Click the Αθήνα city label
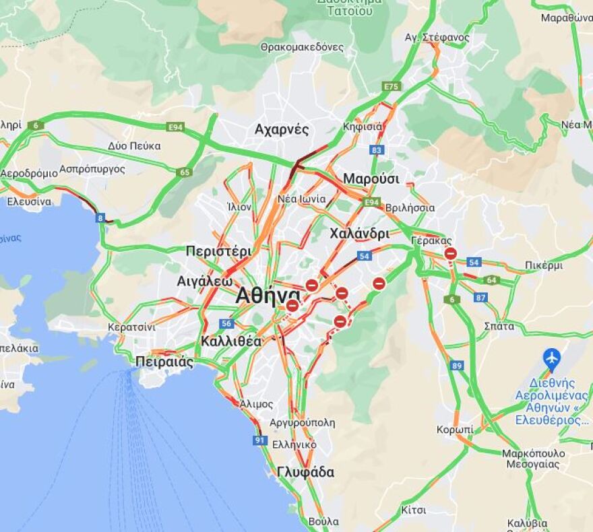tap(268, 296)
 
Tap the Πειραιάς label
tap(164, 362)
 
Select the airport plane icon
tap(552, 357)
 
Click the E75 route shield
tap(391, 87)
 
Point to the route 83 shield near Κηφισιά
tap(377, 149)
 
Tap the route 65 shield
tap(185, 172)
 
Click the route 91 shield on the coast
tap(260, 440)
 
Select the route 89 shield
tap(458, 366)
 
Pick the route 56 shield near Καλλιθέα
tap(226, 323)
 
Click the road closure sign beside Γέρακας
tap(451, 254)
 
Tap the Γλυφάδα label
tap(305, 472)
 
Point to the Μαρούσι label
tap(371, 179)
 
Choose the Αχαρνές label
tap(282, 129)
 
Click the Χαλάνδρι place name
tap(359, 234)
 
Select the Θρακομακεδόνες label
tap(302, 47)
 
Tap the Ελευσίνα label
tap(29, 201)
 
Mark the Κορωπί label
tap(454, 430)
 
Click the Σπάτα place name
tap(499, 326)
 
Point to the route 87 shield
tap(480, 297)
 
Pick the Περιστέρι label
tap(218, 251)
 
